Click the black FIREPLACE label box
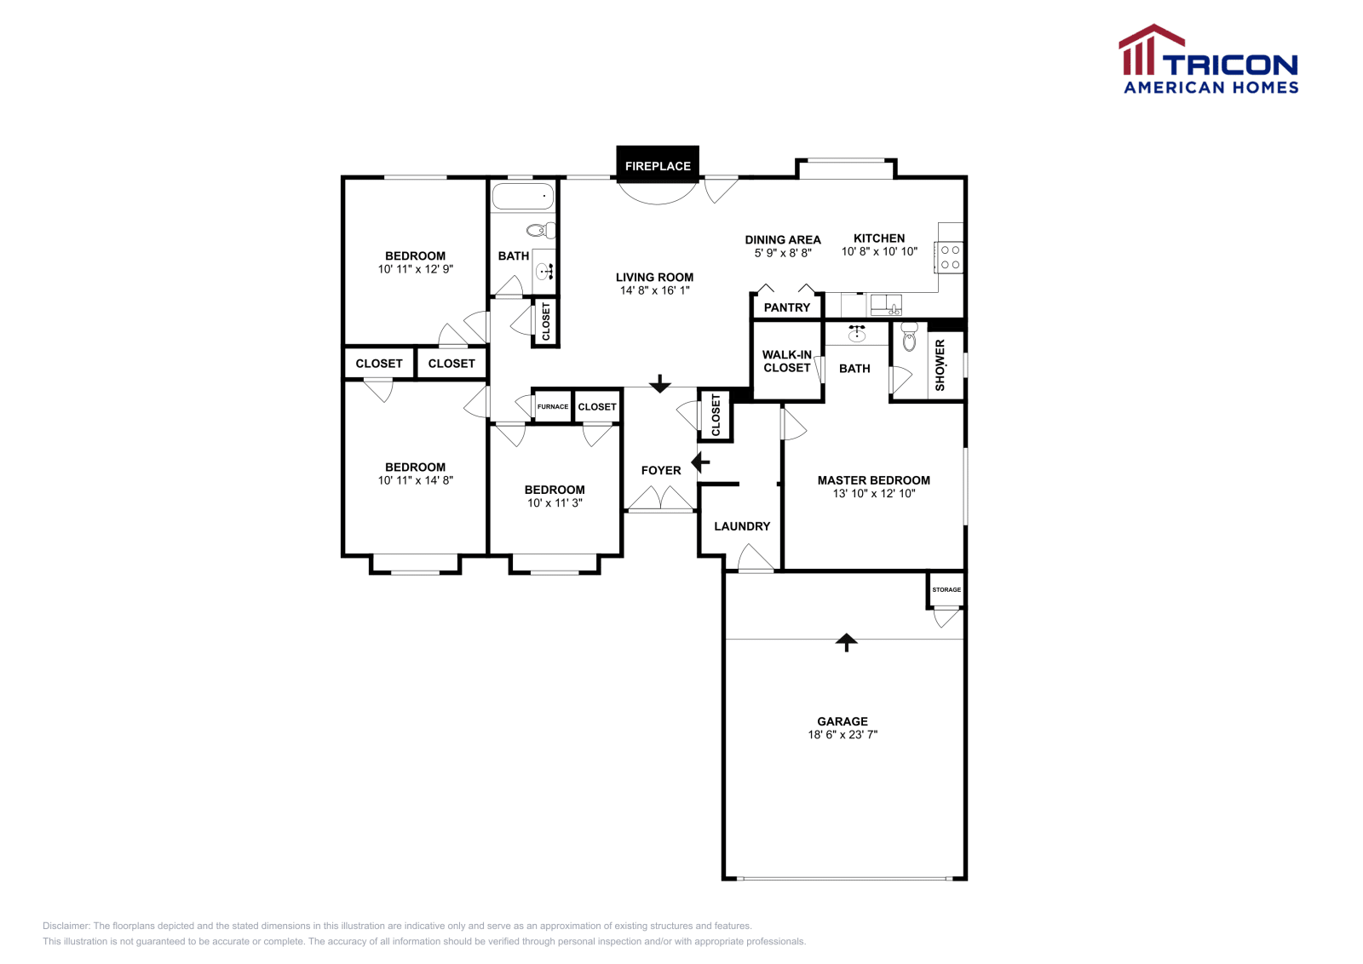[x=658, y=165]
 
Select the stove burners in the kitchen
[x=951, y=257]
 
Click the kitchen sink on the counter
[x=886, y=303]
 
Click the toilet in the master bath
[x=909, y=336]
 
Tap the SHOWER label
[x=940, y=365]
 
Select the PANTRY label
[x=787, y=307]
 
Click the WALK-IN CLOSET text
[x=787, y=361]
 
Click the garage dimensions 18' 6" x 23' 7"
[x=843, y=734]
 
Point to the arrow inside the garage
[x=846, y=642]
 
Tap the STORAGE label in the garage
[x=946, y=589]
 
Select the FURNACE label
[x=553, y=406]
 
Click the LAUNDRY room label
[x=742, y=526]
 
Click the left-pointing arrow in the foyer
[x=700, y=462]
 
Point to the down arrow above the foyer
[x=660, y=384]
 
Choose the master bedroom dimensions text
[x=874, y=493]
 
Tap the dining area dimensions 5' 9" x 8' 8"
[x=783, y=253]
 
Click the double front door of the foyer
[x=660, y=499]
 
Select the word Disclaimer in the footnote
[x=66, y=926]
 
